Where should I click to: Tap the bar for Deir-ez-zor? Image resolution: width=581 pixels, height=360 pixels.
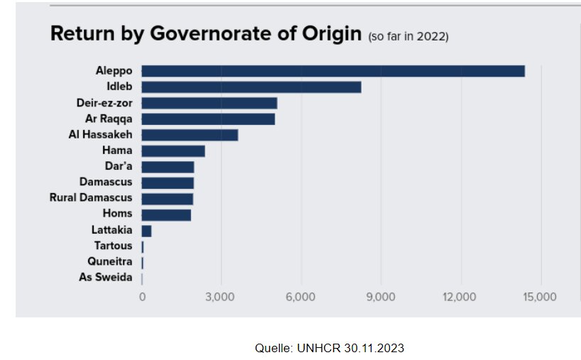tap(209, 103)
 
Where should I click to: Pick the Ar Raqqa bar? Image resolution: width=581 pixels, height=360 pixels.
tap(207, 119)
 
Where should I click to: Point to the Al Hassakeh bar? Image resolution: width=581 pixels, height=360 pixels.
tap(190, 135)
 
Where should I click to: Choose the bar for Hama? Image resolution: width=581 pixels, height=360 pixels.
tap(173, 151)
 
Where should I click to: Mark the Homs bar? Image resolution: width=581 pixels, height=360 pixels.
tap(166, 214)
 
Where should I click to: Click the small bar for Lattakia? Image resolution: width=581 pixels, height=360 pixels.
tap(146, 231)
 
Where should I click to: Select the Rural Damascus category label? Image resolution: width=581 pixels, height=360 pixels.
tap(91, 198)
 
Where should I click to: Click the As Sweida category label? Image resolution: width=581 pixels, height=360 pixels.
tap(105, 277)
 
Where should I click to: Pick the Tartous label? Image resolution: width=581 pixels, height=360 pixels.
tap(114, 246)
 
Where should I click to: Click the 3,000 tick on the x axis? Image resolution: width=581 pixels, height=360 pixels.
tap(221, 297)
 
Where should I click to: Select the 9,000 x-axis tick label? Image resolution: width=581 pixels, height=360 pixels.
tap(380, 297)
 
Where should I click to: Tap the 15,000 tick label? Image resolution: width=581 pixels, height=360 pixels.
tap(539, 297)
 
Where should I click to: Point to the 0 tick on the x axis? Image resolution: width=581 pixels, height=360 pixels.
tap(142, 297)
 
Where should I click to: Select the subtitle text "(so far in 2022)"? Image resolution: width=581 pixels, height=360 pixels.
tap(408, 36)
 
